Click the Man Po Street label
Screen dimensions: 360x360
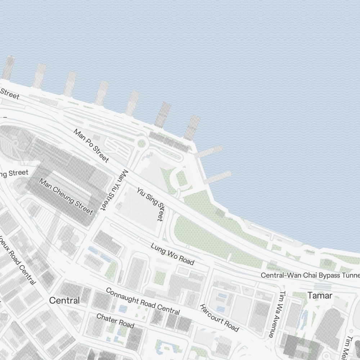point(91,145)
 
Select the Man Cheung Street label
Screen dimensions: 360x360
point(67,197)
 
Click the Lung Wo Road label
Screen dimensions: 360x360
point(172,254)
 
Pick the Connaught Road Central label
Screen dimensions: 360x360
point(143,301)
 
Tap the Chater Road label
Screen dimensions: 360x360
point(115,321)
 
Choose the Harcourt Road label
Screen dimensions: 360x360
point(219,318)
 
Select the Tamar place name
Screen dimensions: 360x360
point(320,296)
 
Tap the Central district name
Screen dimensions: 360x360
point(64,300)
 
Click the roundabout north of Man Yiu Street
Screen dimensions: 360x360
point(141,143)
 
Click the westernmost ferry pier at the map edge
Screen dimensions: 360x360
point(8,68)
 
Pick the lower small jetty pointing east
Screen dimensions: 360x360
point(218,177)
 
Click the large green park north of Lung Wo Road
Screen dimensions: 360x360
point(205,238)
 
